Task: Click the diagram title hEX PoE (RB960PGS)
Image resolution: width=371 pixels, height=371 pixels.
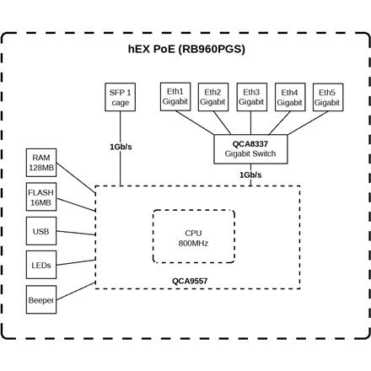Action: coord(186,50)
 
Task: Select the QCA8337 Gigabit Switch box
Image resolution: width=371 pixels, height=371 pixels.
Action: coord(250,149)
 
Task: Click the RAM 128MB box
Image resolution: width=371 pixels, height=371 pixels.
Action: coord(40,163)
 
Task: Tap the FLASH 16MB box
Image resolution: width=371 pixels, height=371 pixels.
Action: coord(40,197)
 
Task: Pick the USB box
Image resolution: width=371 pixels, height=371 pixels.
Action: coord(40,231)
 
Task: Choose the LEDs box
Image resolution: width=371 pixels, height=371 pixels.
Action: coord(40,265)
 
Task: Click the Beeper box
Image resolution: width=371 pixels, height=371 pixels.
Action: coord(40,299)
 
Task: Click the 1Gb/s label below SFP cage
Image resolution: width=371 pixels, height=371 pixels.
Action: coord(120,147)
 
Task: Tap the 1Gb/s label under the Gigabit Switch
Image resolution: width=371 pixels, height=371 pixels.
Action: coord(250,175)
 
